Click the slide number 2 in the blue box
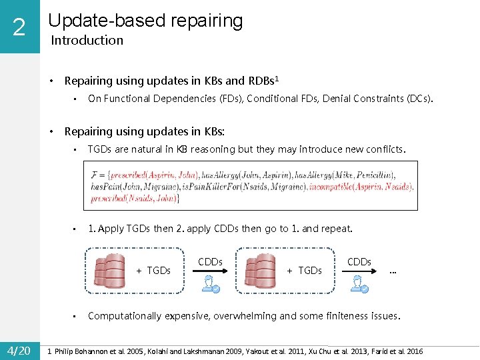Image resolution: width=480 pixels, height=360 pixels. [19, 27]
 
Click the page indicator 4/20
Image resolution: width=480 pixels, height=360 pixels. [19, 351]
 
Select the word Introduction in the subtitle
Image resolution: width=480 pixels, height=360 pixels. [87, 40]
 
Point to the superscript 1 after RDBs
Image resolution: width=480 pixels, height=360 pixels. [277, 78]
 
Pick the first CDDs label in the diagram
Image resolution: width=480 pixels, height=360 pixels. [210, 262]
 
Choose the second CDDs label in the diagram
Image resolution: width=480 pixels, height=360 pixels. [359, 262]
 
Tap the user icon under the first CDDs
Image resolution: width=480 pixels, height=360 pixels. [211, 284]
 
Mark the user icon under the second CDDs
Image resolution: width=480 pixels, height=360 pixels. [361, 284]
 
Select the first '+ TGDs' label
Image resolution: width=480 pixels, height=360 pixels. [153, 270]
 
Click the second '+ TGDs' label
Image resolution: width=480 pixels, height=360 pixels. [304, 270]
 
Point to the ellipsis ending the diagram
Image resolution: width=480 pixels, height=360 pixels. [393, 271]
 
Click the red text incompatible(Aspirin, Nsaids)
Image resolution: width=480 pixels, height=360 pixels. [361, 186]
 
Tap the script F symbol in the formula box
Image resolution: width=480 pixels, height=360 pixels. [96, 175]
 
